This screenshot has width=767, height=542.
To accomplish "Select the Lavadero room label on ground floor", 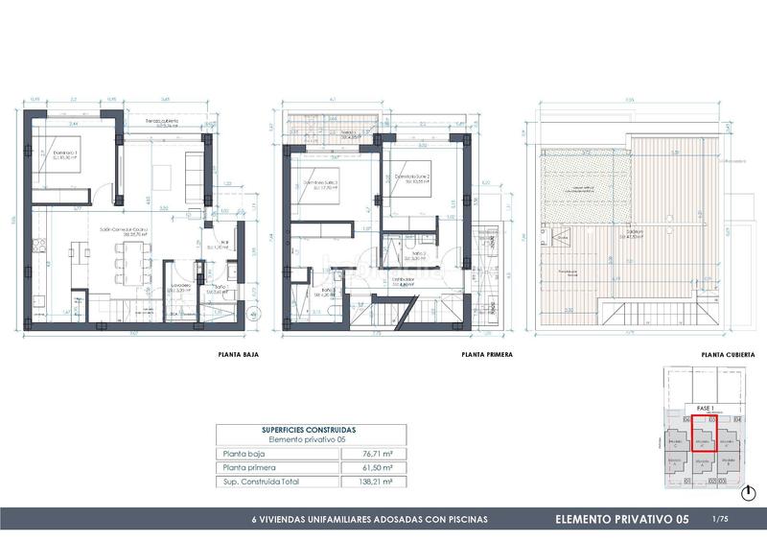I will pos(183,285).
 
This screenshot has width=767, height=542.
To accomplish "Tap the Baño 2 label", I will pos(413,254).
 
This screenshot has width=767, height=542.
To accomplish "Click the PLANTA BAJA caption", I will pos(240,355).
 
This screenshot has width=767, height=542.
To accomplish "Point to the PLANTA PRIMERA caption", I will pos(486,355).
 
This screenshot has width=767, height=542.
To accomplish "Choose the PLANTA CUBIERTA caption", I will pos(727,355).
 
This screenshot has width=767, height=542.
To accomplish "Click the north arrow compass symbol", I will pos(748,492).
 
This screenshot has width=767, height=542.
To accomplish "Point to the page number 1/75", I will pos(721,519).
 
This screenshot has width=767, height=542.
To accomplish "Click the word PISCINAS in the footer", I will pos(460,519).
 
